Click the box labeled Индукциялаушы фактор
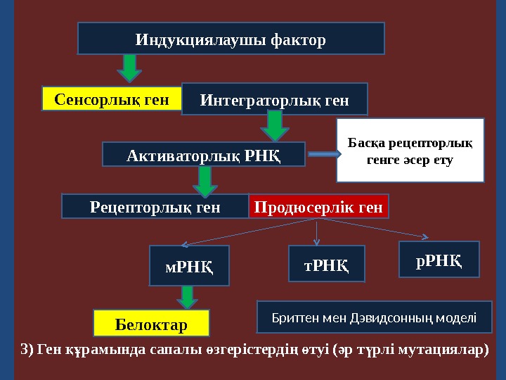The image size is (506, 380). click(231, 39)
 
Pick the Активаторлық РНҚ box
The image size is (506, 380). click(204, 155)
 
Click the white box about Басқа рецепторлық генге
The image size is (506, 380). click(410, 151)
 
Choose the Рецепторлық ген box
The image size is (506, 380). click(155, 207)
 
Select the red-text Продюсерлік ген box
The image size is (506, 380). click(318, 207)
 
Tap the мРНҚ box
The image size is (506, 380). click(189, 266)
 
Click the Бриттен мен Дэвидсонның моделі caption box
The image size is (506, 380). click(374, 317)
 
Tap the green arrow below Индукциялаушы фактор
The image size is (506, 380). click(129, 68)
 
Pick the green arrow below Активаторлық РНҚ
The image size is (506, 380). click(205, 181)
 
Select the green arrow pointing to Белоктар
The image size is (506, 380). click(188, 297)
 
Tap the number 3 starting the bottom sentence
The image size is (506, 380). click(24, 350)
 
